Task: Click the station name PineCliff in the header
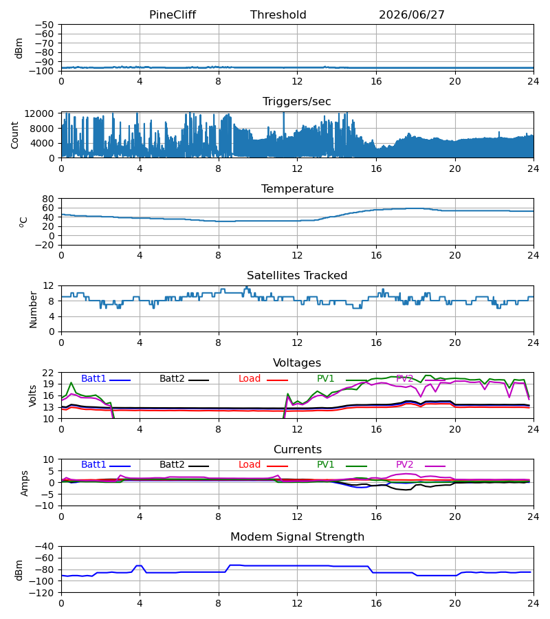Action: coord(173,15)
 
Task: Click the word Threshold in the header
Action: coord(278,15)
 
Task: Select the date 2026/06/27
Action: coord(412,15)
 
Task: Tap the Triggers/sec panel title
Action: coord(297,102)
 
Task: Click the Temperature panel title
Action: coord(297,188)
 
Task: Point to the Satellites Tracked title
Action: coord(297,276)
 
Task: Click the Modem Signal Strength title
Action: coord(297,537)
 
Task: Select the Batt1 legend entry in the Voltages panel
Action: coord(106,378)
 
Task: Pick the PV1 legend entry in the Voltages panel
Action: coord(342,378)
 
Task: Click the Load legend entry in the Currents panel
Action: coord(263,465)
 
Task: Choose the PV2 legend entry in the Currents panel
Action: coord(421,465)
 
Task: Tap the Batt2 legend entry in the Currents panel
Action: coord(184,465)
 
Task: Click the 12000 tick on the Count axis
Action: coord(39,113)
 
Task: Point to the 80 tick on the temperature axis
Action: coord(48,199)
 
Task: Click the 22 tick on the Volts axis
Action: coord(48,373)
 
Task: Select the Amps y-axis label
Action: coord(25,484)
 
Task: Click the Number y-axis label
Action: coord(33,309)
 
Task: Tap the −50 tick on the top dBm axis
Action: coord(44,25)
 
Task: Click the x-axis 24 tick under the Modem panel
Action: coord(533,604)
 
